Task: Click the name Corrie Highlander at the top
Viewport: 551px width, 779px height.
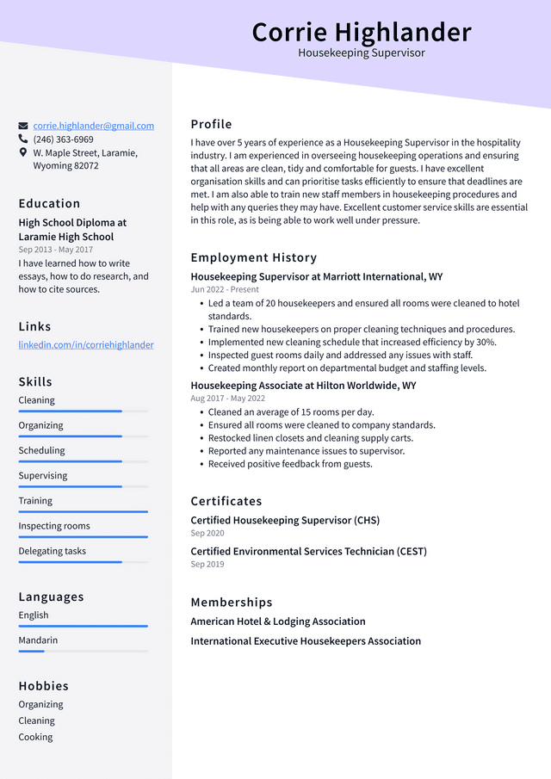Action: tap(362, 32)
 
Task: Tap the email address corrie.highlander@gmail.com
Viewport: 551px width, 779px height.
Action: tap(93, 126)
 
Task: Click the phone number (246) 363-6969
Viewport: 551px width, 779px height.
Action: tap(63, 139)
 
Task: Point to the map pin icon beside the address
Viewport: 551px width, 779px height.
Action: tap(23, 152)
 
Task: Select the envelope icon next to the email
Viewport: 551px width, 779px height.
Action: tap(23, 126)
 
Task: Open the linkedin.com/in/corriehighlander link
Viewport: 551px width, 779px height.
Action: tap(86, 345)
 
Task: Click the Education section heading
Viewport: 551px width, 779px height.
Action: tap(49, 204)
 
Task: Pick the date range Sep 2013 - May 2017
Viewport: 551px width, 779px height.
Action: tap(55, 250)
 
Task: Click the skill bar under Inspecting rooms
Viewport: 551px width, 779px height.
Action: tap(83, 537)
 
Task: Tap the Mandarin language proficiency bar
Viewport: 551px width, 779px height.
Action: tap(83, 651)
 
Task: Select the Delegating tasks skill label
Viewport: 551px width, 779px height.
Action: tap(53, 551)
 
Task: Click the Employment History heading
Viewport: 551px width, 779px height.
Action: tap(253, 258)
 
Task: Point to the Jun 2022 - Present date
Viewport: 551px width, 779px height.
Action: tap(225, 290)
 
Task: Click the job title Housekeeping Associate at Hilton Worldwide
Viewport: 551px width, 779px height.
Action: tap(303, 386)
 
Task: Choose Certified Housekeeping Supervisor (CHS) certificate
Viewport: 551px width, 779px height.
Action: tap(285, 521)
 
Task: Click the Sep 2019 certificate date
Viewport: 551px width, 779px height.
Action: tap(207, 565)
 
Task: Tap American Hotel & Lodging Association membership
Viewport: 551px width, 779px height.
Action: tap(278, 621)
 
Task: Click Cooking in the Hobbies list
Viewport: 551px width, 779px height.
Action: tap(36, 737)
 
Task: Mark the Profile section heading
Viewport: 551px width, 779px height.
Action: tap(211, 125)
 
